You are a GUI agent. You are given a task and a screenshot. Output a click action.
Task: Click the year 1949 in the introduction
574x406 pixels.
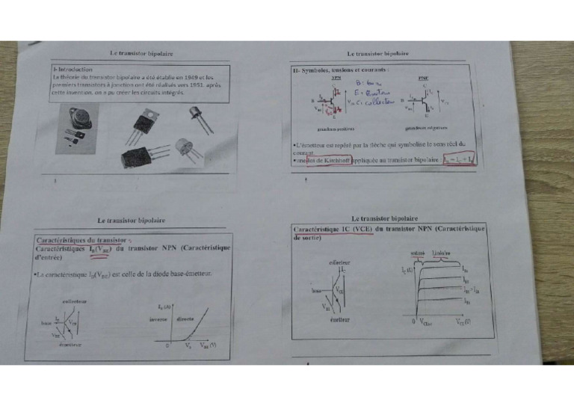click(190, 76)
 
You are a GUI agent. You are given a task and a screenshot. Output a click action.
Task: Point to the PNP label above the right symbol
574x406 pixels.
click(424, 78)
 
